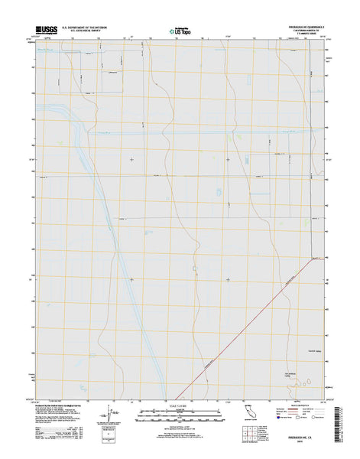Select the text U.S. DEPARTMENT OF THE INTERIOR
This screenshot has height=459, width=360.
[85, 27]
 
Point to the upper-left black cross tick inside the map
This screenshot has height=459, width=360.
[131, 159]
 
